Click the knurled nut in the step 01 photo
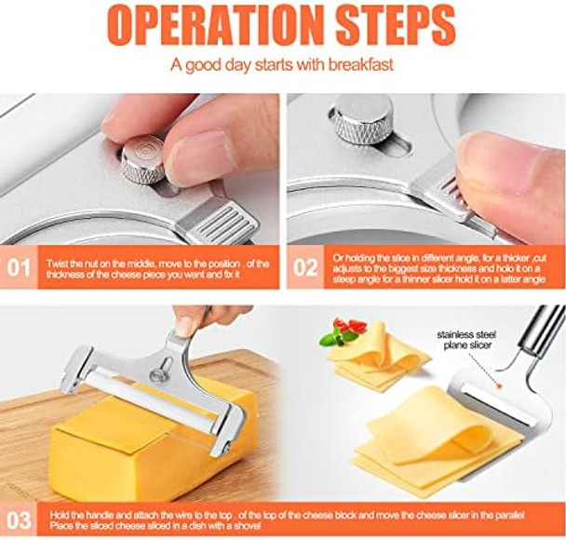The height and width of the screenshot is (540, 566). [143, 159]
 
